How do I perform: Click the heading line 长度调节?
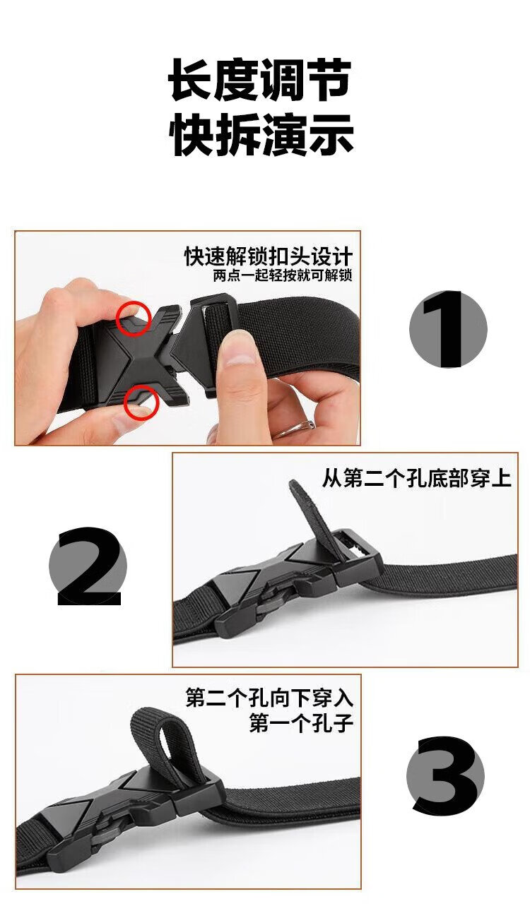[x=259, y=79]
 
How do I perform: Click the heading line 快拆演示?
[x=261, y=134]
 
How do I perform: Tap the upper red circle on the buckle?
[x=134, y=318]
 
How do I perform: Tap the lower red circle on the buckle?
[x=141, y=403]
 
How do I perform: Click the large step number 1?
[x=448, y=329]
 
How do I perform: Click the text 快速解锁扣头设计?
[x=269, y=256]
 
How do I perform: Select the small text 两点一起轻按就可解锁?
[x=283, y=276]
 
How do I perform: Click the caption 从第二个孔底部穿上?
[x=417, y=478]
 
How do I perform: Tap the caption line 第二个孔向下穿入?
[x=269, y=697]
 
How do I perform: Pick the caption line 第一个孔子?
[x=301, y=723]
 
